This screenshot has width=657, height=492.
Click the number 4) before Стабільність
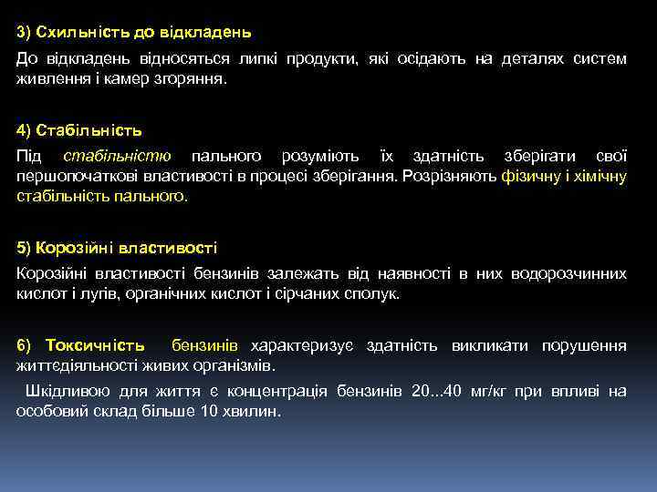(x=25, y=129)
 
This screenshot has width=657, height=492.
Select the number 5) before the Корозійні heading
(x=25, y=247)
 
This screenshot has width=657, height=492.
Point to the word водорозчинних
(x=569, y=274)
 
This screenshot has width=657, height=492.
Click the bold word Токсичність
(x=95, y=345)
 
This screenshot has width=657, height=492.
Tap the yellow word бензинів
(x=205, y=345)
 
